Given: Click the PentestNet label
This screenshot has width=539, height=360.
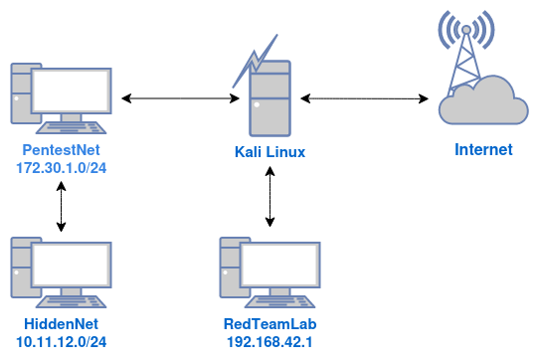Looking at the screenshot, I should click(62, 150).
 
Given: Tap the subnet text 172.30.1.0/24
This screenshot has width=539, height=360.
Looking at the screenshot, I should click(62, 168).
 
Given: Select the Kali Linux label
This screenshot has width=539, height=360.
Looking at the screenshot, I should click(270, 152).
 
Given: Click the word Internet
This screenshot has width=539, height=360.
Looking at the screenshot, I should click(483, 150).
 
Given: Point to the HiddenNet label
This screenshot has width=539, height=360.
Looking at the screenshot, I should click(62, 324).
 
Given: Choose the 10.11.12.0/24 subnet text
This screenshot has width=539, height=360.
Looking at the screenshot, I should click(62, 342).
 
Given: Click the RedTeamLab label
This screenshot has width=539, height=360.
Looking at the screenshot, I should click(271, 324).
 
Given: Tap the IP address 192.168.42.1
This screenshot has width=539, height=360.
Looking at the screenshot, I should click(271, 342).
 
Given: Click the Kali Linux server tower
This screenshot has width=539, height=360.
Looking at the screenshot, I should click(271, 99).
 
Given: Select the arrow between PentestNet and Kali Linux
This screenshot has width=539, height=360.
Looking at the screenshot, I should click(183, 98).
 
